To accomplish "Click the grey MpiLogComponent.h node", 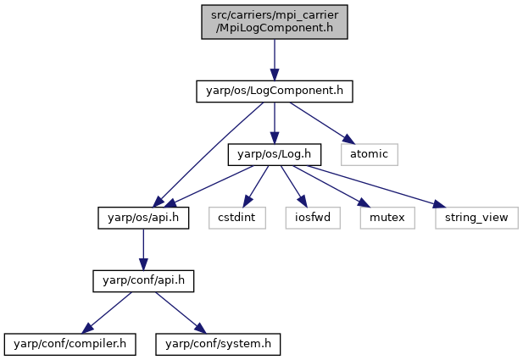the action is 275,22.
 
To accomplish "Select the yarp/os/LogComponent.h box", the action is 275,91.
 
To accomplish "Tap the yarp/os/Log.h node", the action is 275,154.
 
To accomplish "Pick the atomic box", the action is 370,154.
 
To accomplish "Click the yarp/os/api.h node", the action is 143,218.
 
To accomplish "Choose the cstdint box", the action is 237,218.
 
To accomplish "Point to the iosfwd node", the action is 313,218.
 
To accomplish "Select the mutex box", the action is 387,218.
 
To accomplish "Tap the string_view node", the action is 476,218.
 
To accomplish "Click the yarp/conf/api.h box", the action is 143,281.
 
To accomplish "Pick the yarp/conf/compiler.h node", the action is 70,344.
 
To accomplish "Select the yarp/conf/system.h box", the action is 218,344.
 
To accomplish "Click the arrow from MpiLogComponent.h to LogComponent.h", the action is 275,59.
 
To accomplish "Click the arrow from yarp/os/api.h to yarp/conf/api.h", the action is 143,249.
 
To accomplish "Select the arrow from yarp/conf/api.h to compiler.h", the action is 107,313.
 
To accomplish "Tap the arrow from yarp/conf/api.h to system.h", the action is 181,313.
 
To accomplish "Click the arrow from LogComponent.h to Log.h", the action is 275,123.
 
